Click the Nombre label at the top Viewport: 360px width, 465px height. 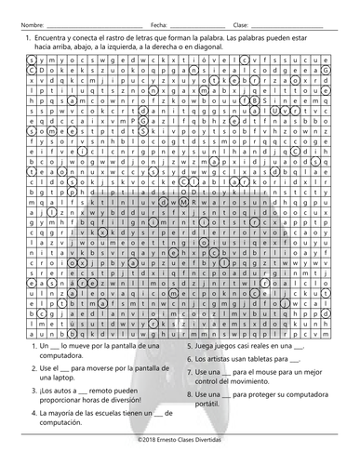[x=31, y=23]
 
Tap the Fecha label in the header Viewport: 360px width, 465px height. [x=159, y=23]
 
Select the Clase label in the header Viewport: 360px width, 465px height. [x=240, y=23]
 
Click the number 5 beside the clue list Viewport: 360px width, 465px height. [x=189, y=345]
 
